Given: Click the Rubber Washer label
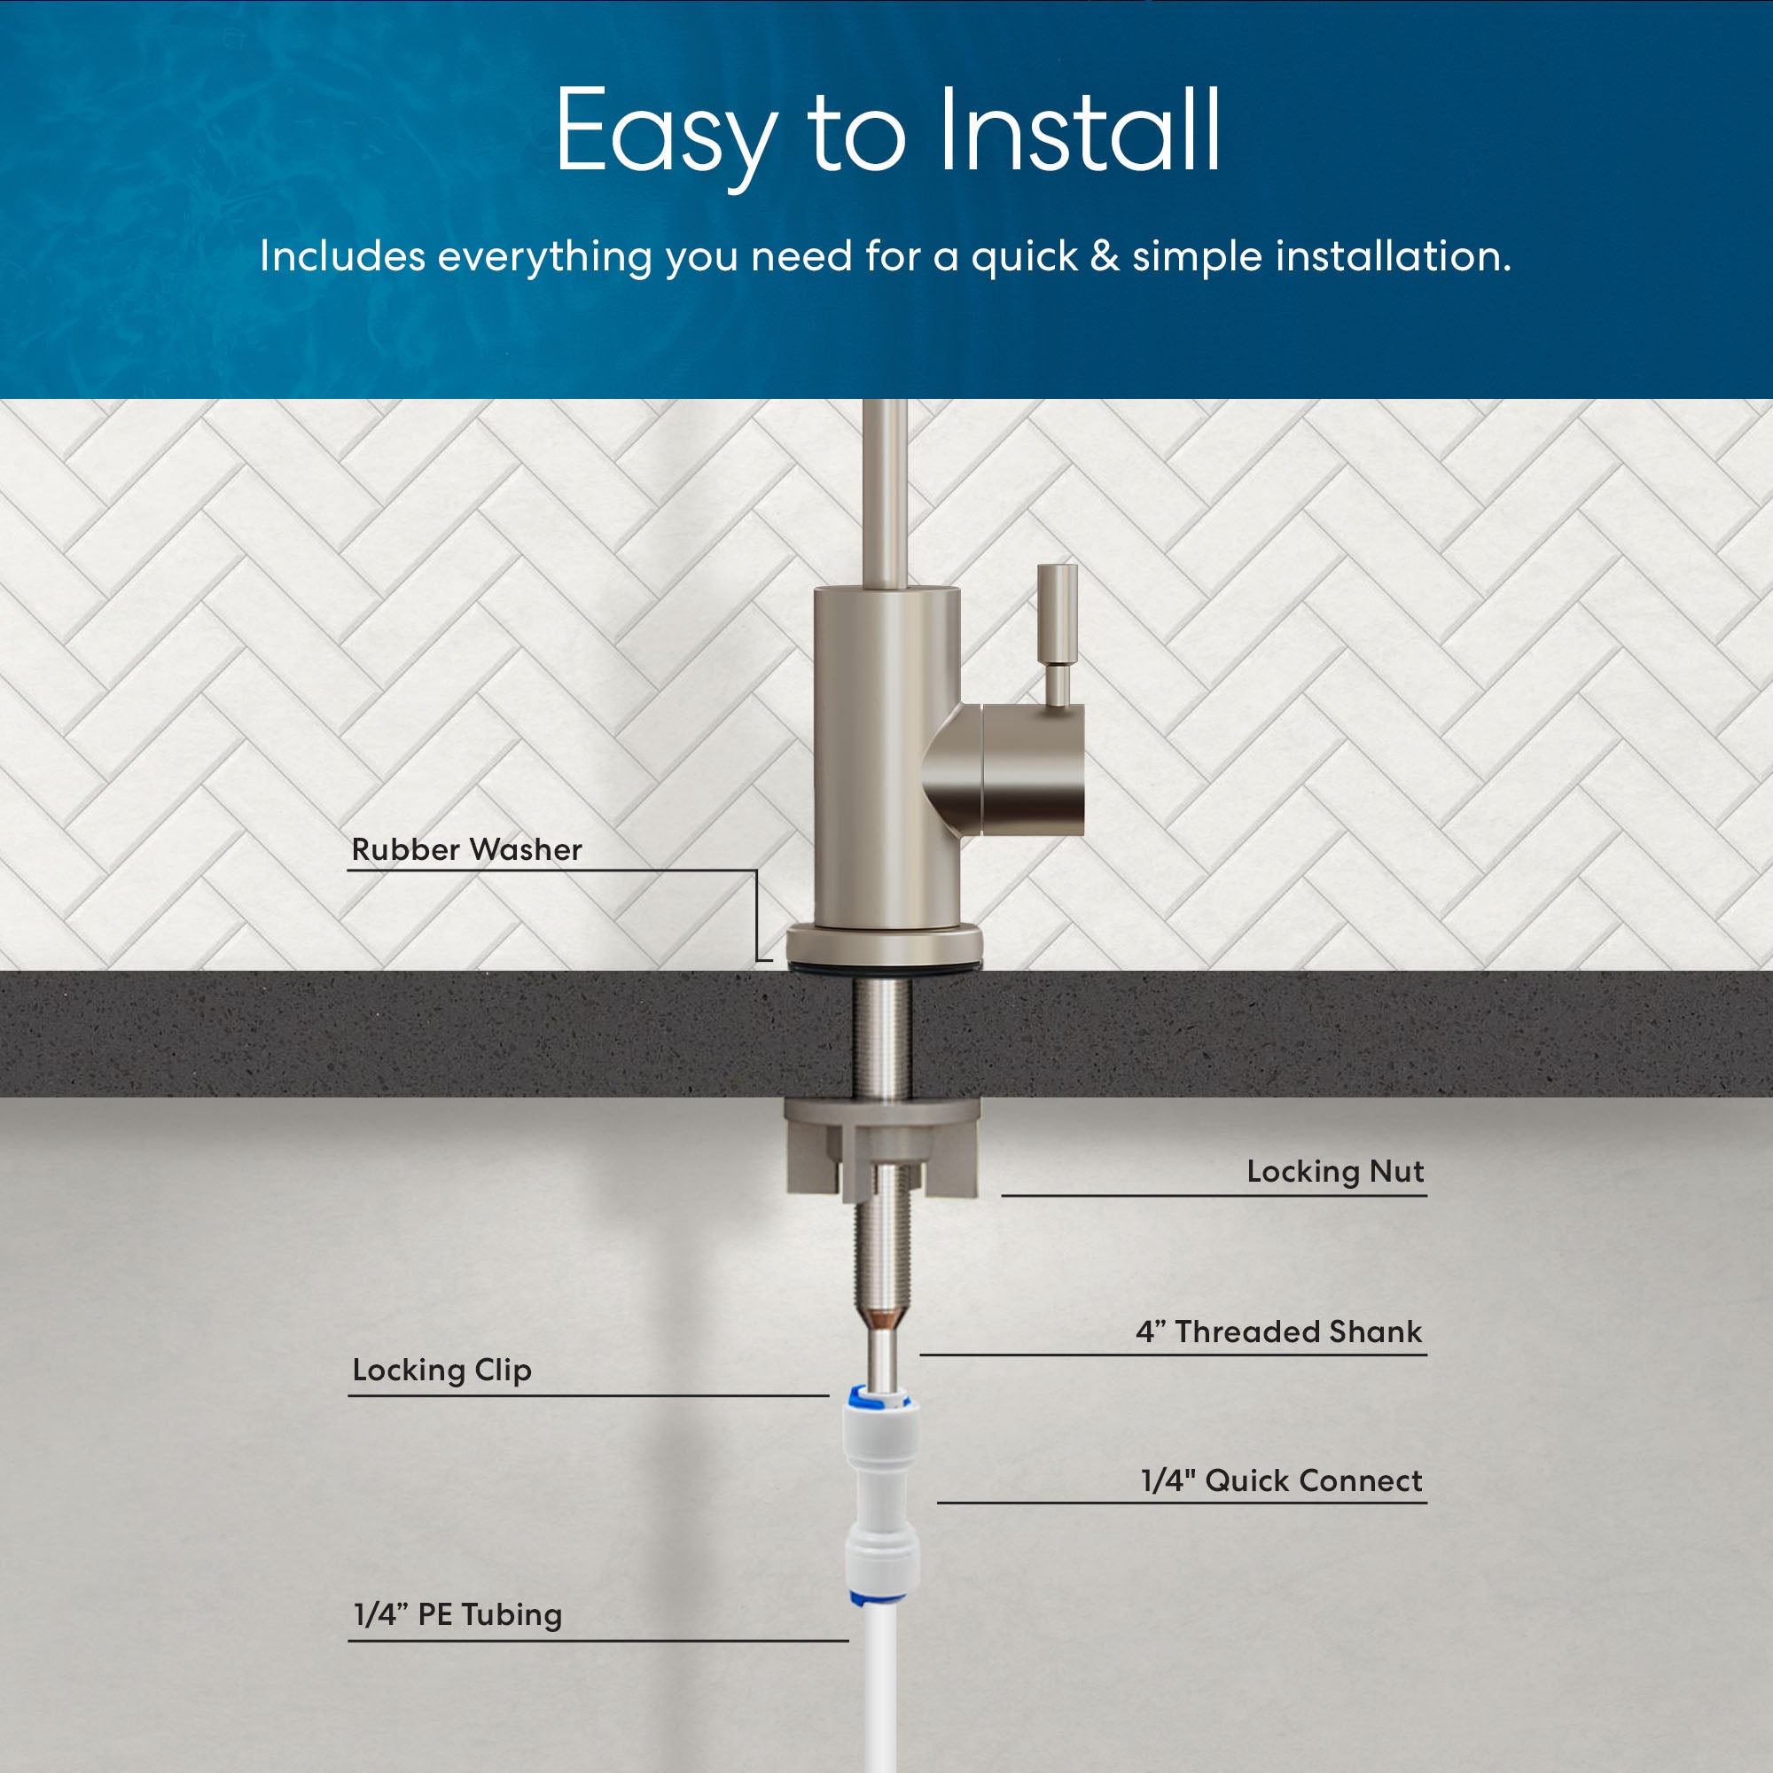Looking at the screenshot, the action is click(x=466, y=849).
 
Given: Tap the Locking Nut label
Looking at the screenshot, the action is click(x=1335, y=1171).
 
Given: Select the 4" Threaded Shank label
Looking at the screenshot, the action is click(x=1279, y=1331).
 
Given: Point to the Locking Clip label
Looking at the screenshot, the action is click(x=442, y=1371).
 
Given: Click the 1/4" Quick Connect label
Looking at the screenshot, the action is click(x=1281, y=1480).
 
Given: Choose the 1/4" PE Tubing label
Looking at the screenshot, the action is click(x=458, y=1614).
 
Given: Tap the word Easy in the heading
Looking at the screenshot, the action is click(x=668, y=137).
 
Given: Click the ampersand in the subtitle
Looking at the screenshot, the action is click(x=1105, y=256).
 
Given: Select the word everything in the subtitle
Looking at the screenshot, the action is click(x=545, y=258).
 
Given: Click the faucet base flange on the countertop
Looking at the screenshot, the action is click(x=884, y=944).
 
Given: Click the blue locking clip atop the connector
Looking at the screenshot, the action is click(x=880, y=1399).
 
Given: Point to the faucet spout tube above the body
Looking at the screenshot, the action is click(x=884, y=495).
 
